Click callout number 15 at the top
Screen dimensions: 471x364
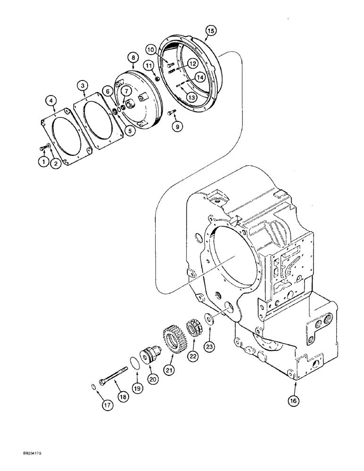pos(211,31)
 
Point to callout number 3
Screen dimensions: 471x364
pos(83,85)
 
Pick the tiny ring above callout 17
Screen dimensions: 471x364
pos(93,387)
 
